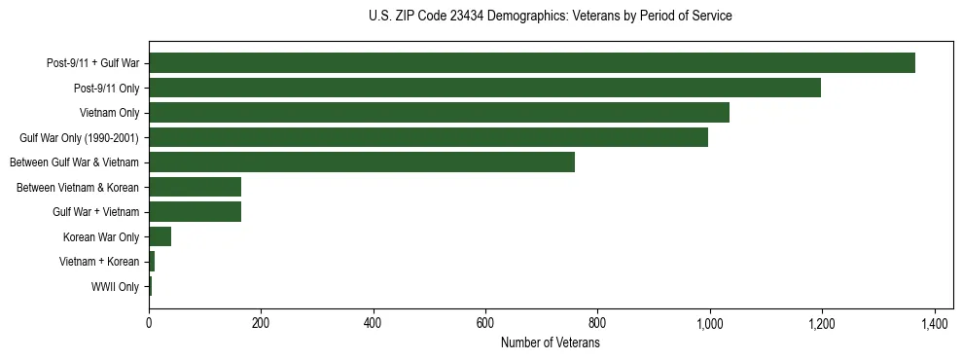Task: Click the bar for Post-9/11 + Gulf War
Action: point(531,63)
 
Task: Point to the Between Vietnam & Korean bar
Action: point(195,188)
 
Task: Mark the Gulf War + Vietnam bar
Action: point(195,212)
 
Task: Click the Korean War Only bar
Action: point(160,237)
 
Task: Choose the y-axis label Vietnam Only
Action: point(109,113)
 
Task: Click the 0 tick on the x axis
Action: point(149,323)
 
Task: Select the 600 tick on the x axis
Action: point(485,323)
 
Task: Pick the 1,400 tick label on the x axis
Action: point(934,323)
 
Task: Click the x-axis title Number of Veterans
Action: point(550,343)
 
